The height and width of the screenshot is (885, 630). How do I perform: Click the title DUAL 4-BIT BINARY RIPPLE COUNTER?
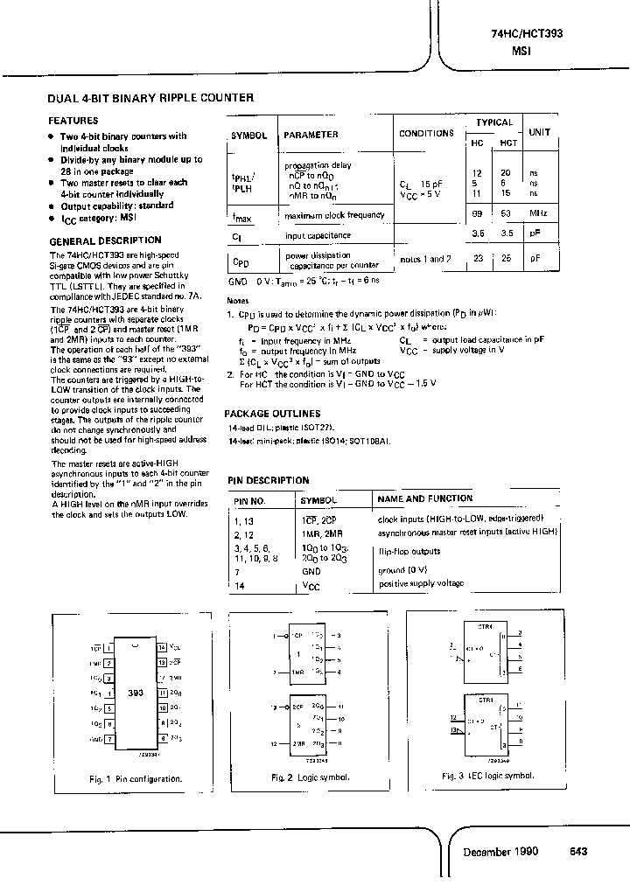[150, 98]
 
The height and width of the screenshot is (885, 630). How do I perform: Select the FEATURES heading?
[73, 121]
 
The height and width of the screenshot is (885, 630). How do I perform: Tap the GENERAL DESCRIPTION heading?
[104, 240]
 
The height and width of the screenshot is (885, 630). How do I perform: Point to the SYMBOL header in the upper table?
[249, 136]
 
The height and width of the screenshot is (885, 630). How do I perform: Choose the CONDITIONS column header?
[426, 134]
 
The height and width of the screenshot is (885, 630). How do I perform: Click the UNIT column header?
[539, 132]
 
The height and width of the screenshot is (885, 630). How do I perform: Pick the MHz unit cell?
[539, 214]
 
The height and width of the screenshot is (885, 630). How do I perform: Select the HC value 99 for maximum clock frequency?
[477, 214]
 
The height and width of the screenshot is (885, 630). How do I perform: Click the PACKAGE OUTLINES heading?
[272, 414]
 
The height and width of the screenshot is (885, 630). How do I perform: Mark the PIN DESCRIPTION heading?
[268, 480]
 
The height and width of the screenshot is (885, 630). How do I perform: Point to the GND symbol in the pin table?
[311, 569]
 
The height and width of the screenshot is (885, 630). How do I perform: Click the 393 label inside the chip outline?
[135, 692]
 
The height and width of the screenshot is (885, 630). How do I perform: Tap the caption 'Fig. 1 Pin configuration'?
[136, 777]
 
